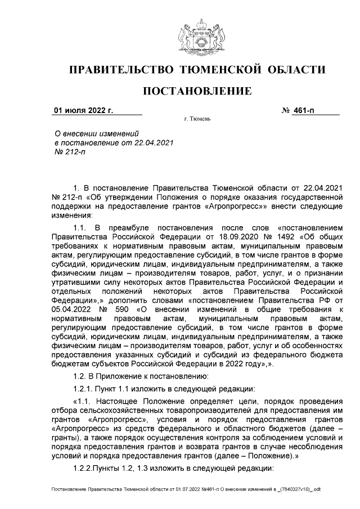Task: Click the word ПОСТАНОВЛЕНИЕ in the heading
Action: (196, 91)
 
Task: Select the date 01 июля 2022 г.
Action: (83, 110)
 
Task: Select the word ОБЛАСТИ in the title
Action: (295, 70)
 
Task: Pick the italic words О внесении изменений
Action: (95, 133)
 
